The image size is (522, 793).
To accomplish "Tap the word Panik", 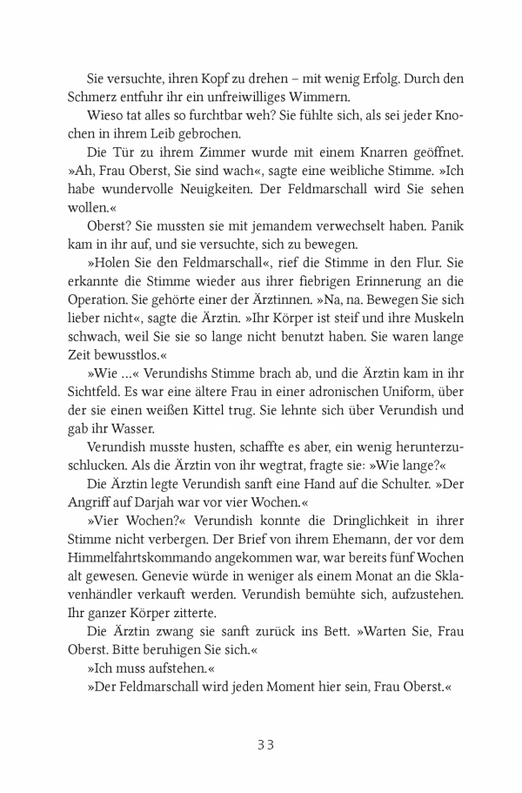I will click(x=442, y=229).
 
